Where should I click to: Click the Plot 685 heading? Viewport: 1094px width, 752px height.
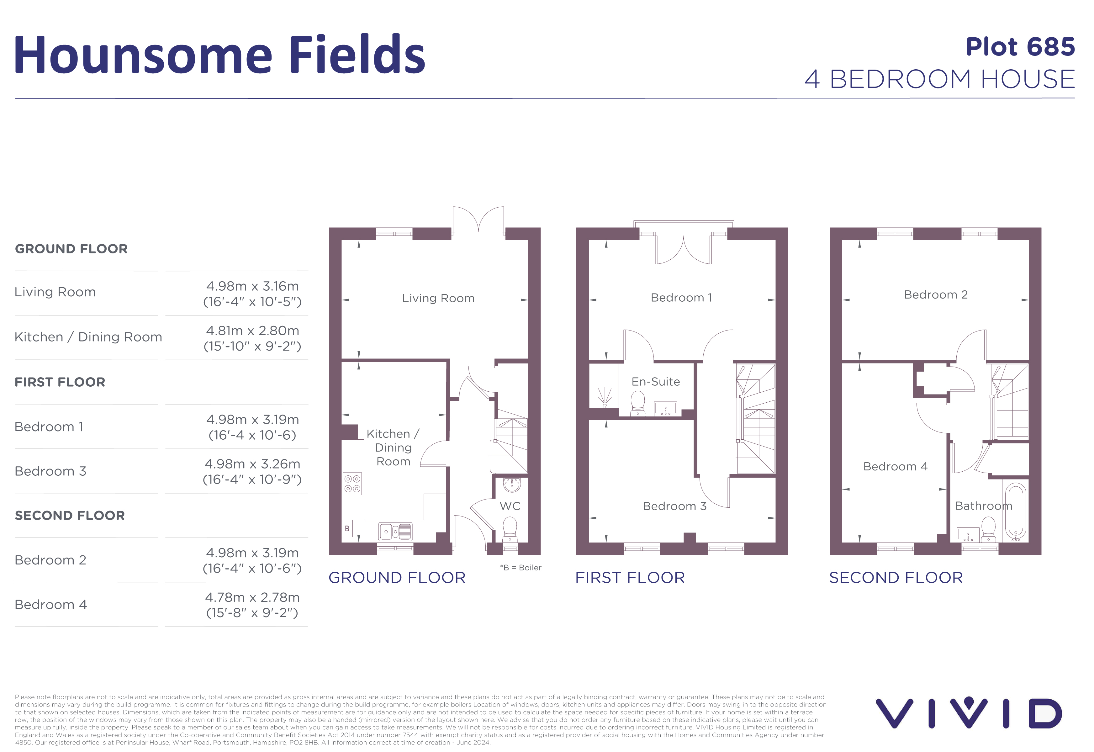coord(1020,47)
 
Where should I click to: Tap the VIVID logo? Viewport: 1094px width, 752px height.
coord(968,713)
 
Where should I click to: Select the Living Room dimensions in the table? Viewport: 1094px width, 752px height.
coord(252,294)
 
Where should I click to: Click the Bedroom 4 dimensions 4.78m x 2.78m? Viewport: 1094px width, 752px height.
coord(252,605)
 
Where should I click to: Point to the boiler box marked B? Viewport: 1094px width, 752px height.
coord(347,529)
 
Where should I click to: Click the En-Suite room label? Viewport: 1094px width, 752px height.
coord(655,382)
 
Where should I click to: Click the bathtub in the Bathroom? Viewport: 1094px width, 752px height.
coord(1016,511)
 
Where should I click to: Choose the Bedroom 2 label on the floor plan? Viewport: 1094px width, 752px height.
coord(935,294)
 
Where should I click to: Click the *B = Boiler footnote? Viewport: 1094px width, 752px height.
coord(521,568)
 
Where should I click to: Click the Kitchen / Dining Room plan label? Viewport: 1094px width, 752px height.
coord(393,447)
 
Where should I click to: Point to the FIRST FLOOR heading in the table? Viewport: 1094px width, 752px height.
coord(60,382)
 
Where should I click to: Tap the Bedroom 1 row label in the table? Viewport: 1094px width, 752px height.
coord(49,427)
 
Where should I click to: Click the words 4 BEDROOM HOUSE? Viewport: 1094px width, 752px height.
coord(939,79)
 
